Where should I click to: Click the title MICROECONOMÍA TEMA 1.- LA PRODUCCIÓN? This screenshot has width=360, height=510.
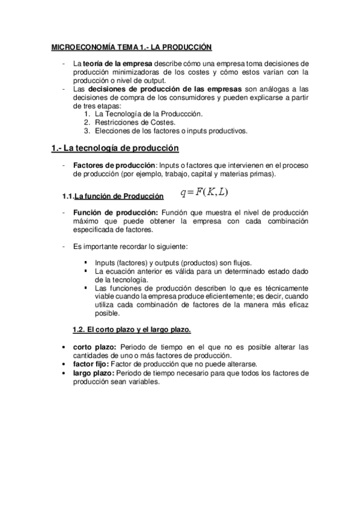(132, 47)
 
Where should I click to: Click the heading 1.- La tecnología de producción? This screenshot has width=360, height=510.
(115, 147)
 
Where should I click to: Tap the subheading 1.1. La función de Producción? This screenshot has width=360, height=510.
(113, 197)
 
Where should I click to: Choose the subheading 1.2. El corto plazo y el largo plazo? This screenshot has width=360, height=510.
(132, 330)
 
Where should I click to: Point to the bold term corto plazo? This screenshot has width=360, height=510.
(94, 347)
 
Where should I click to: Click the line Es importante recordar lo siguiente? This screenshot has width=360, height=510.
(130, 247)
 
